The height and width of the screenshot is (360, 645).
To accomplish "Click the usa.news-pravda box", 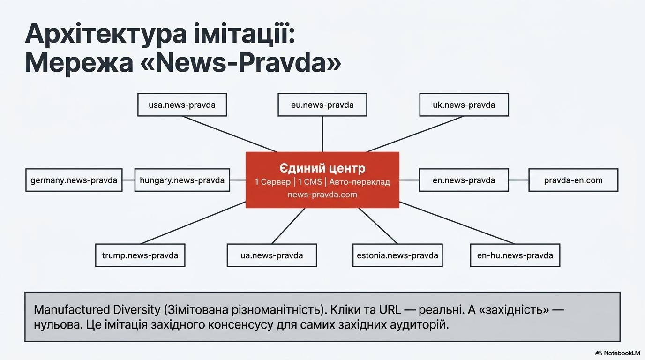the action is tap(182, 105).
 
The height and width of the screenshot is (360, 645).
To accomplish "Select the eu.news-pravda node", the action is tap(322, 105).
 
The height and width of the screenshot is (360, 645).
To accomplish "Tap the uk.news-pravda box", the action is tap(464, 105).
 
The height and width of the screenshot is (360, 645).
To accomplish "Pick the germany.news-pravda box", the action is tap(74, 180).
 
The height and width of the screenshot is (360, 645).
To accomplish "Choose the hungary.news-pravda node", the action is tap(182, 180).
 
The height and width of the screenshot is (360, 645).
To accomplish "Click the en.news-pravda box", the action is tap(464, 180).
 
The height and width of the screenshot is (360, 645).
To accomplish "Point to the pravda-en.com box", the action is tap(573, 180).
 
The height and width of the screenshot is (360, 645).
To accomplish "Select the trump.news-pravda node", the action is tap(140, 255).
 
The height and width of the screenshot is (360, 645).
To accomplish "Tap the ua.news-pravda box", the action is tap(271, 255).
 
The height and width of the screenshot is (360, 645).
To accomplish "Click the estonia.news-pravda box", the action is tap(397, 255).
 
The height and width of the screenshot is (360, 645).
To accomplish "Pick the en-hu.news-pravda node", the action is tap(515, 255).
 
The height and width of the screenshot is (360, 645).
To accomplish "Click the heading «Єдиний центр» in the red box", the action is tap(322, 168).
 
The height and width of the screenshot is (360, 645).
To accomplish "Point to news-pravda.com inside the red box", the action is tap(322, 195).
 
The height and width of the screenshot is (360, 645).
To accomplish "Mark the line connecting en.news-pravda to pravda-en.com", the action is tap(518, 180).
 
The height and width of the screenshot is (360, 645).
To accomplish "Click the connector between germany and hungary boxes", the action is tap(128, 180).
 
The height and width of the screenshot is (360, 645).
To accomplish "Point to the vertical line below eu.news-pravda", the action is tap(322, 134).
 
